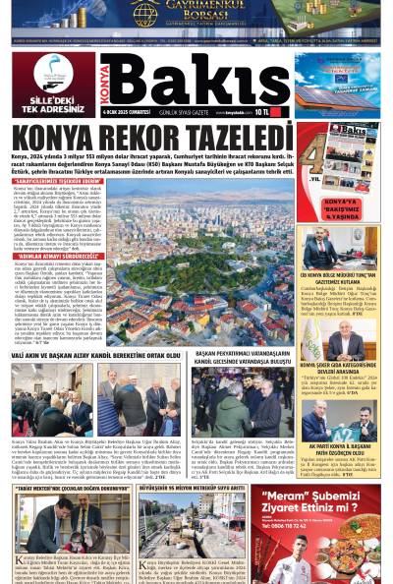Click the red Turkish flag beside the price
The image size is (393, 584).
281,112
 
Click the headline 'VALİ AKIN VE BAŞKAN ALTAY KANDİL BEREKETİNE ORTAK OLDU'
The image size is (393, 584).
94,355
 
